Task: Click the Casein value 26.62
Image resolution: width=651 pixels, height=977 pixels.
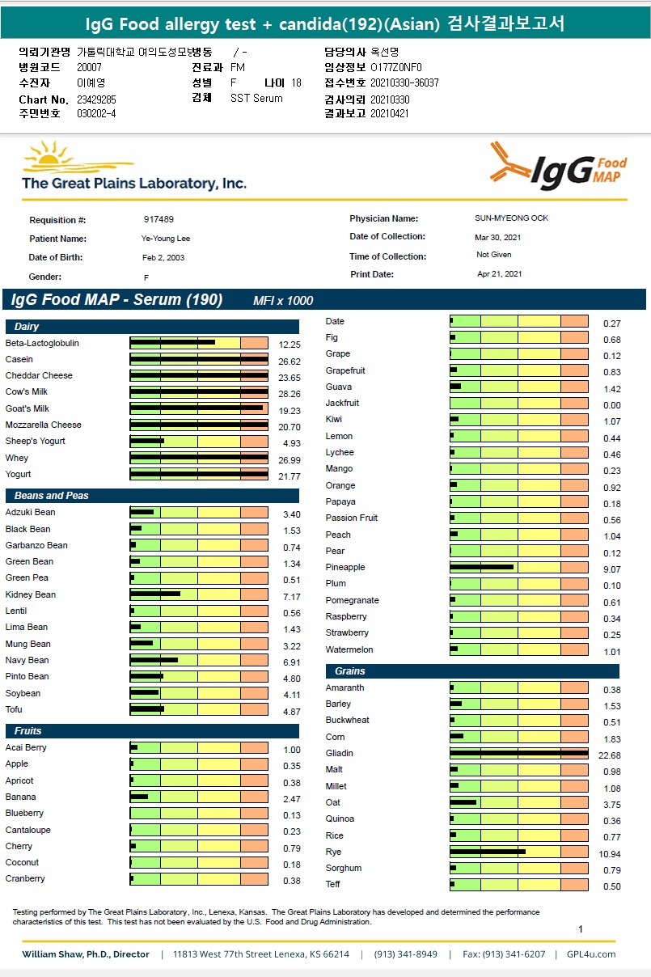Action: tap(289, 359)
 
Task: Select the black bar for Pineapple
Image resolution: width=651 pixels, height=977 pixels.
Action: tap(481, 567)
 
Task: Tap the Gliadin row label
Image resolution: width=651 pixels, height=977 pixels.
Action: tap(340, 753)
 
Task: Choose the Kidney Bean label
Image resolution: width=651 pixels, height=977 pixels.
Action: tap(31, 594)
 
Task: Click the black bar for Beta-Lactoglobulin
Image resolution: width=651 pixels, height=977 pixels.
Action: tap(172, 343)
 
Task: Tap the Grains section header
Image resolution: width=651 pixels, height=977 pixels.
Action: tap(345, 671)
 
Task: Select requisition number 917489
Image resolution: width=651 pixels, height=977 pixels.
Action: tap(159, 219)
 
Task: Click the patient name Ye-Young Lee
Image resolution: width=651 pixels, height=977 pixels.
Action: tap(166, 239)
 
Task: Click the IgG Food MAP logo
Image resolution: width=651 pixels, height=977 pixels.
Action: tap(558, 167)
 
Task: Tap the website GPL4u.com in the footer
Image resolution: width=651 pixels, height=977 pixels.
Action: tap(590, 954)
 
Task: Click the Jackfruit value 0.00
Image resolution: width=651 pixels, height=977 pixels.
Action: tap(611, 405)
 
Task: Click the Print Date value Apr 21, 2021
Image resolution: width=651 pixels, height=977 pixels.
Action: tap(499, 274)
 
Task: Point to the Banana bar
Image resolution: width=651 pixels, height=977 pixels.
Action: tap(139, 797)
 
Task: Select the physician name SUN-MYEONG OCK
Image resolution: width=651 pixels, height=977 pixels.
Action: tap(511, 218)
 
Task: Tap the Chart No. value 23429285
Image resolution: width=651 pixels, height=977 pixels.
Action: tap(96, 99)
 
